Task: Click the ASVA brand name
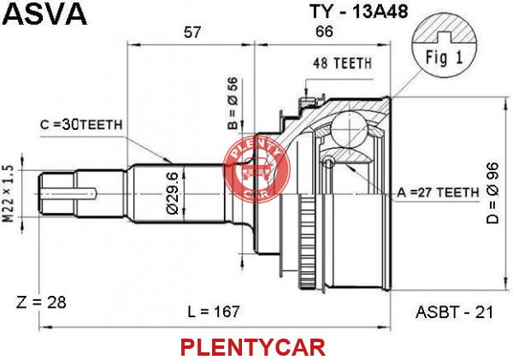click(44, 14)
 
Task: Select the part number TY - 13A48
click(358, 11)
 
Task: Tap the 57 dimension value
click(192, 32)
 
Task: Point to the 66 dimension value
click(324, 32)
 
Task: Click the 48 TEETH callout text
click(342, 63)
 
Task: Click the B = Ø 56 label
click(233, 103)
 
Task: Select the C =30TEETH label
click(81, 125)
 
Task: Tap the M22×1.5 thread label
click(9, 194)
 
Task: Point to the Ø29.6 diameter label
click(173, 193)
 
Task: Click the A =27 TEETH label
click(438, 192)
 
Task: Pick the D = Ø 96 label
click(492, 193)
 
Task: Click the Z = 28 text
click(41, 303)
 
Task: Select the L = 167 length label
click(213, 311)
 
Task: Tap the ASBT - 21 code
click(454, 312)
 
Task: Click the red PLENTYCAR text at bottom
click(253, 347)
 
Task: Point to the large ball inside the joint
click(349, 127)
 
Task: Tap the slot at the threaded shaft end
click(69, 194)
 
